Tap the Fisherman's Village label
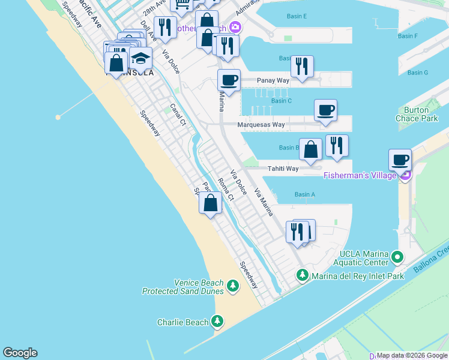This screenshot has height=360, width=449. pos(360,175)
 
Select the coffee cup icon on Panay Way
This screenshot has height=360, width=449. pos(229,80)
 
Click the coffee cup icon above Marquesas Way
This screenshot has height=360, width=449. pos(325,110)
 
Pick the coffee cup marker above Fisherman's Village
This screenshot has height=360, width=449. pos(400,160)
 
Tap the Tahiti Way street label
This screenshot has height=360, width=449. pos(283,169)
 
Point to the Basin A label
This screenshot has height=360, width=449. pos(305,194)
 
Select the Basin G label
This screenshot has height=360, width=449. pos(417,73)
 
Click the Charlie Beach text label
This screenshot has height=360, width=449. pos(183,322)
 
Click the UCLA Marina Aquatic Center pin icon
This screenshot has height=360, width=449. pos(397,258)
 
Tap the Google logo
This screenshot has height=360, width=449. pos(20,353)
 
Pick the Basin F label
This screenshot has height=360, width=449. pos(408,36)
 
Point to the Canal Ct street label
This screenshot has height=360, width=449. pos(178,115)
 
